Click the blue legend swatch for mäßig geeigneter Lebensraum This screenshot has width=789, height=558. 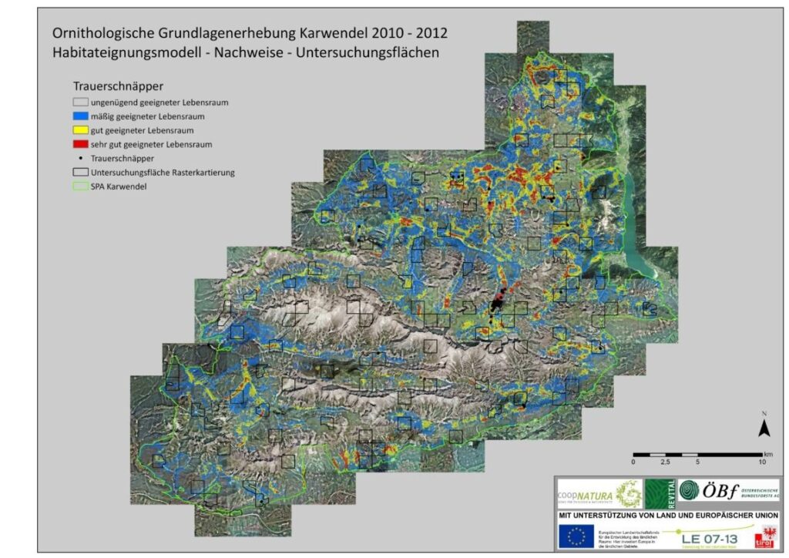pyautogui.click(x=81, y=116)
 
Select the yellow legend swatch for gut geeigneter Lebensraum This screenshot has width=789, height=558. pyautogui.click(x=81, y=130)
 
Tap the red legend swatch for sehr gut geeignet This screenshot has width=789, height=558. pyautogui.click(x=81, y=144)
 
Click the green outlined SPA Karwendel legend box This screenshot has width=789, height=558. pyautogui.click(x=81, y=187)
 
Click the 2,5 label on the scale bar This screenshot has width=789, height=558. pyautogui.click(x=664, y=462)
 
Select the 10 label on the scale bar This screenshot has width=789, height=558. pyautogui.click(x=761, y=462)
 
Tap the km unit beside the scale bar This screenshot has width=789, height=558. pyautogui.click(x=767, y=454)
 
